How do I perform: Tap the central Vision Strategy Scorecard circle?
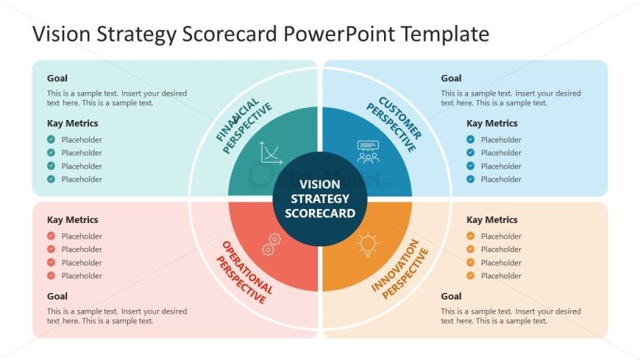click(x=320, y=199)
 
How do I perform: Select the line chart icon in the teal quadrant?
click(x=271, y=152)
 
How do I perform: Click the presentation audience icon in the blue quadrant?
click(x=368, y=152)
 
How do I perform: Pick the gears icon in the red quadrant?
click(x=271, y=244)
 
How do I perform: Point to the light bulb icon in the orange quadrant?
click(x=368, y=244)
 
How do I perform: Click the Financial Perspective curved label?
click(x=243, y=126)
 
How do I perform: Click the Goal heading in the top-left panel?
click(x=57, y=78)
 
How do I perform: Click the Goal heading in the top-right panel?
click(x=451, y=78)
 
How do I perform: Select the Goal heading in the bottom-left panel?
click(x=57, y=295)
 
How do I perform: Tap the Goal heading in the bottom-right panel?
click(x=451, y=295)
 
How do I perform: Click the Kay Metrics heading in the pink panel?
click(x=72, y=219)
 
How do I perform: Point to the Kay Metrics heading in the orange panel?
click(x=491, y=219)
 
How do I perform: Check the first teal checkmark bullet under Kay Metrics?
click(x=51, y=140)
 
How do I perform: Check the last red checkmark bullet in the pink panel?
click(x=51, y=276)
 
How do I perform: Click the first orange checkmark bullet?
click(x=471, y=236)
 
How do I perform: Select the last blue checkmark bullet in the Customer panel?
click(x=471, y=180)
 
